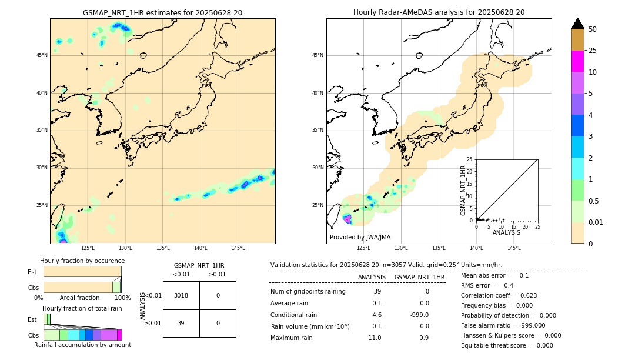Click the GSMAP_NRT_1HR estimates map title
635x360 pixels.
pyautogui.click(x=162, y=12)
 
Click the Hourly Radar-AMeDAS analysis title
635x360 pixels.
pyautogui.click(x=439, y=12)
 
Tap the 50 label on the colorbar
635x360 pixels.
pyautogui.click(x=593, y=29)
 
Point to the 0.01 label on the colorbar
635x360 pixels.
pyautogui.click(x=596, y=222)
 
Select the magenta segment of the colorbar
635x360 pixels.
pyautogui.click(x=577, y=61)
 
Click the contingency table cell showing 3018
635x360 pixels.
pyautogui.click(x=181, y=295)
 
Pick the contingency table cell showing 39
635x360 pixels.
pyautogui.click(x=181, y=323)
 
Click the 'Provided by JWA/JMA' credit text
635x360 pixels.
pyautogui.click(x=360, y=237)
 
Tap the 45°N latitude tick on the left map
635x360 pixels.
pyautogui.click(x=42, y=55)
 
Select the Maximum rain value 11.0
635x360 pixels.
pyautogui.click(x=375, y=338)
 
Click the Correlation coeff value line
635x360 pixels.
pyautogui.click(x=499, y=295)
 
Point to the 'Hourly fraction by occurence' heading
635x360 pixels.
pyautogui.click(x=82, y=261)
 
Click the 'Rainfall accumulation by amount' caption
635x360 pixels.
pyautogui.click(x=82, y=345)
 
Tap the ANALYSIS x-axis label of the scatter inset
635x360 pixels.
pyautogui.click(x=506, y=232)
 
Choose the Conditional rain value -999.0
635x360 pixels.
pyautogui.click(x=419, y=315)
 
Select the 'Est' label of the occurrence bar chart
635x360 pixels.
pyautogui.click(x=32, y=272)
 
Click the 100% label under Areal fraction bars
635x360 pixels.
pyautogui.click(x=122, y=298)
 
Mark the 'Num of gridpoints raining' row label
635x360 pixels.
pyautogui.click(x=308, y=291)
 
